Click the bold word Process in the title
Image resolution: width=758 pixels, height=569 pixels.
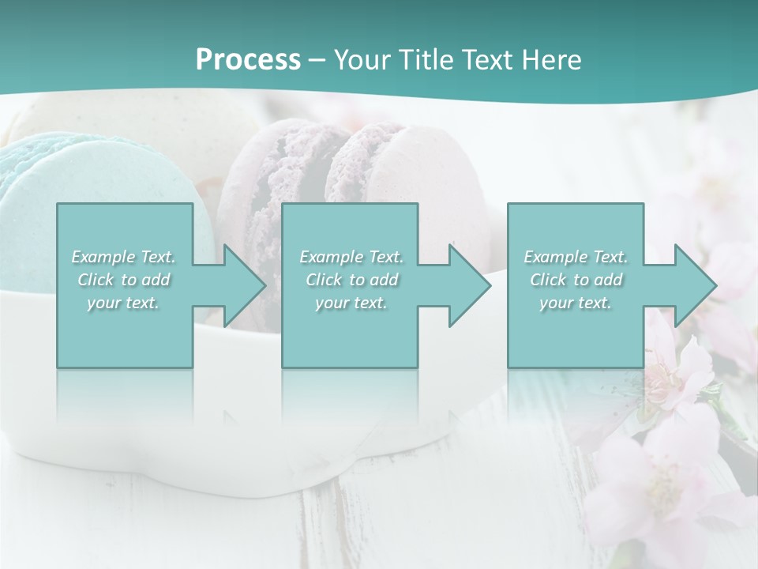[248, 60]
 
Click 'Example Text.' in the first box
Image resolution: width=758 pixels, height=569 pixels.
[124, 257]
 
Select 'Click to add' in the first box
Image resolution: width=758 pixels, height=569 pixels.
[124, 280]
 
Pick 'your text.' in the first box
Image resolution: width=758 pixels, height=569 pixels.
[124, 303]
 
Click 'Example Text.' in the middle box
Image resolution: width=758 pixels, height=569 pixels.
[351, 257]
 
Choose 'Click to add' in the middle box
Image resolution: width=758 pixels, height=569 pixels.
[351, 280]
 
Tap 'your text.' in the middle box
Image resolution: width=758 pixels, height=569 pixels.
[351, 303]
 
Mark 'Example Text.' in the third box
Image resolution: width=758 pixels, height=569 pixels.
[576, 257]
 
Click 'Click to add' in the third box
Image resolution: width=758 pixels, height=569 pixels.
[576, 280]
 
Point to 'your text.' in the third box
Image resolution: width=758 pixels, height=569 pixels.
[576, 303]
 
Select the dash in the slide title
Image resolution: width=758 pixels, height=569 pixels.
[317, 60]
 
